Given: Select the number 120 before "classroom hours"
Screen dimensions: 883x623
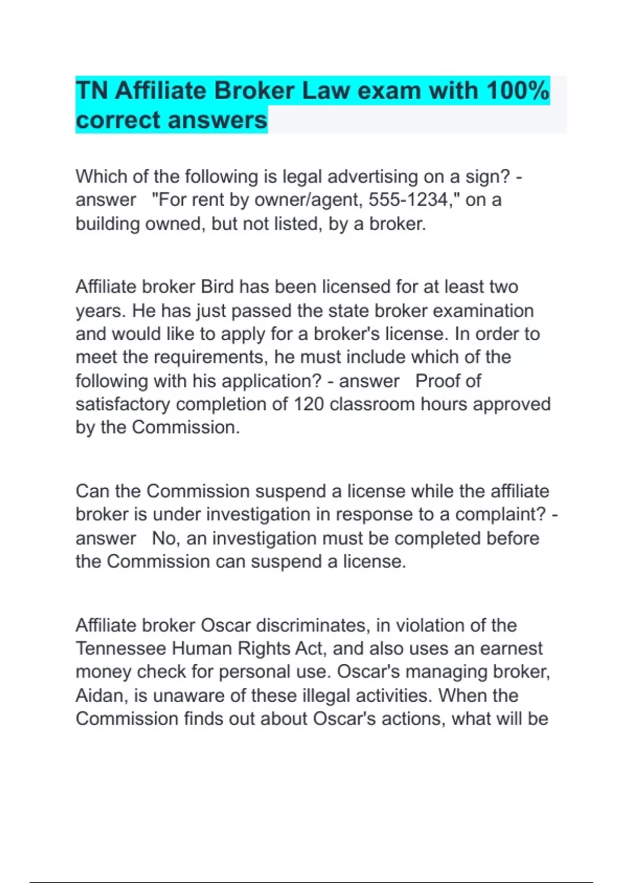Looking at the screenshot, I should pyautogui.click(x=309, y=404).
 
